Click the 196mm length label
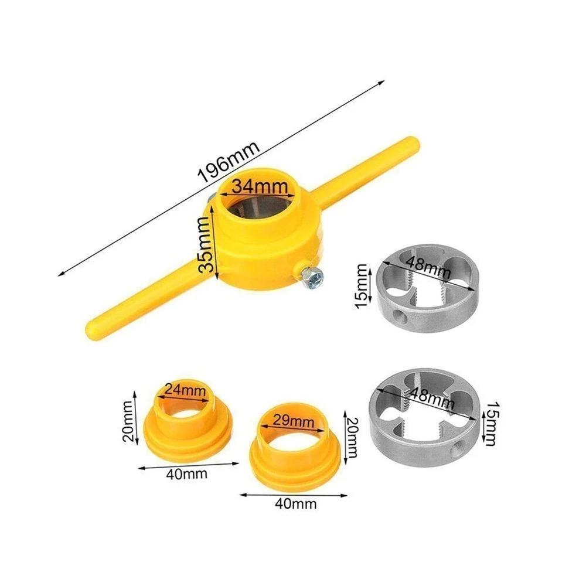tap(228, 165)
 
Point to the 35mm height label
tap(205, 244)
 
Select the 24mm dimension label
tap(185, 389)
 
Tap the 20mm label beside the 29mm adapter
tap(352, 437)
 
